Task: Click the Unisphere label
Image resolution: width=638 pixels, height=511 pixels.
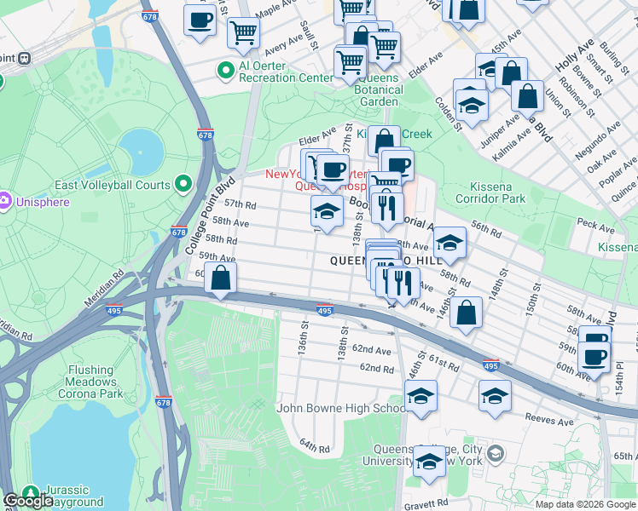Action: (41, 201)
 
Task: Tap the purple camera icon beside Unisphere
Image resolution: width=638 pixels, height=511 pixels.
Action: (4, 201)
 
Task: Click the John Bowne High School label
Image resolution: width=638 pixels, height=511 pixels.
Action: (341, 408)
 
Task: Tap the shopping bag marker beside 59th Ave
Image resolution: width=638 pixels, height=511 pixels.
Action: (221, 278)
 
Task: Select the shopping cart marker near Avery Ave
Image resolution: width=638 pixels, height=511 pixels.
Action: (243, 33)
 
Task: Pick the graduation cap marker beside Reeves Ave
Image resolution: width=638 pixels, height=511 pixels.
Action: (495, 396)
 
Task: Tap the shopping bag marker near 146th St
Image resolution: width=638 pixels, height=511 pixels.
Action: (467, 312)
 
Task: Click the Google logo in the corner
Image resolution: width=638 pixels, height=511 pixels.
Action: (28, 501)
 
